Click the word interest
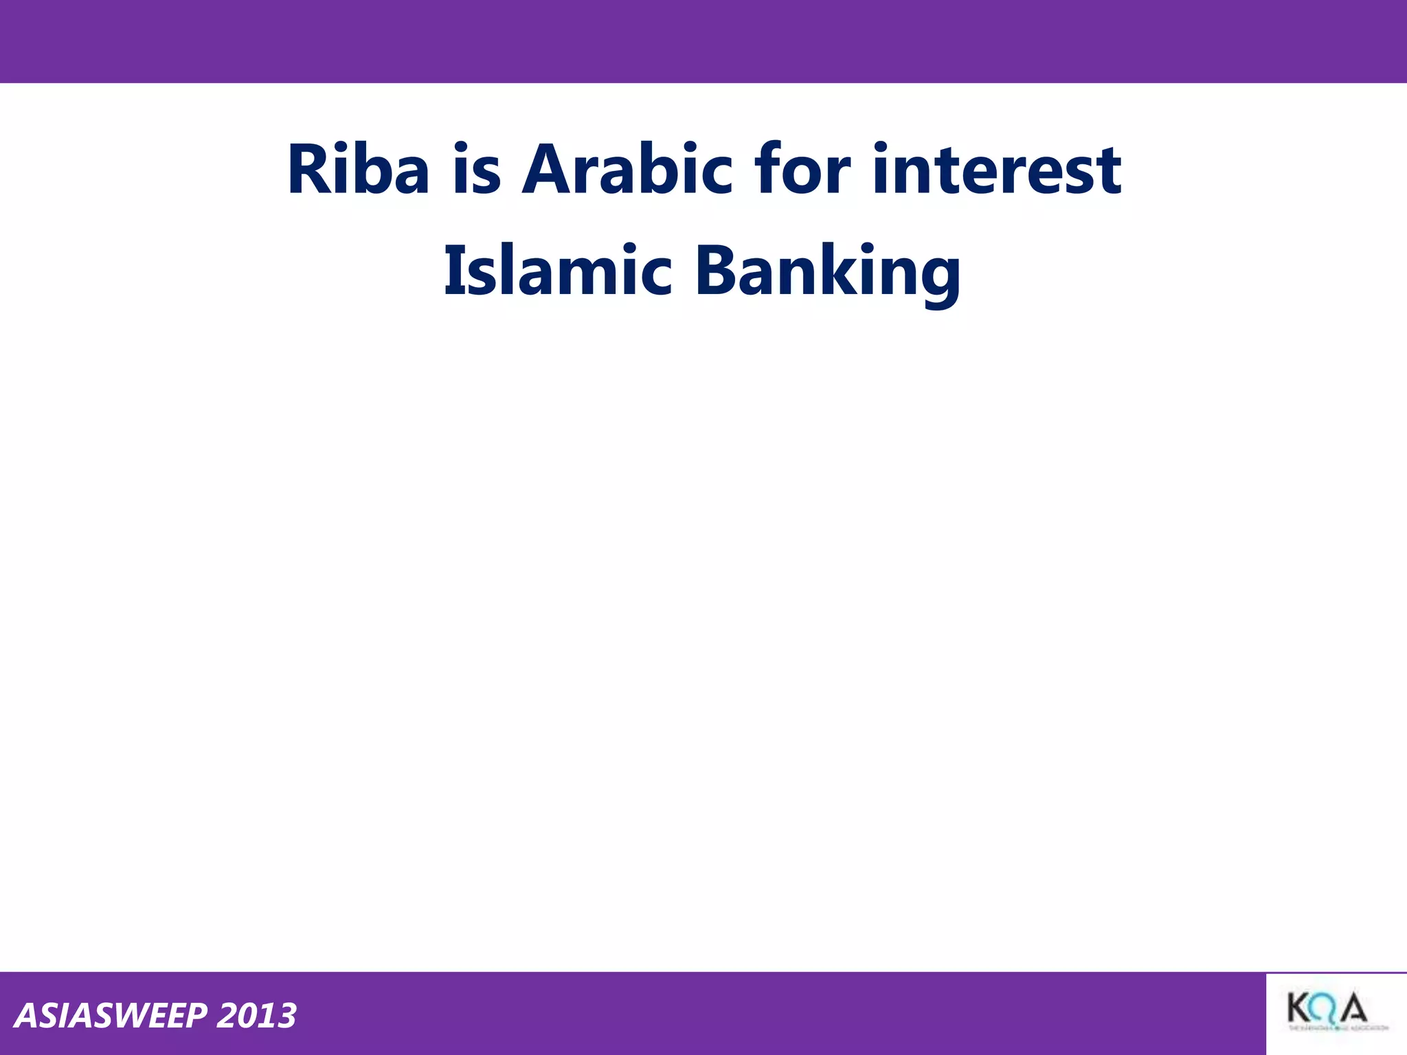997,170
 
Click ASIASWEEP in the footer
110,1016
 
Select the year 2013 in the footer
256,1016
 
